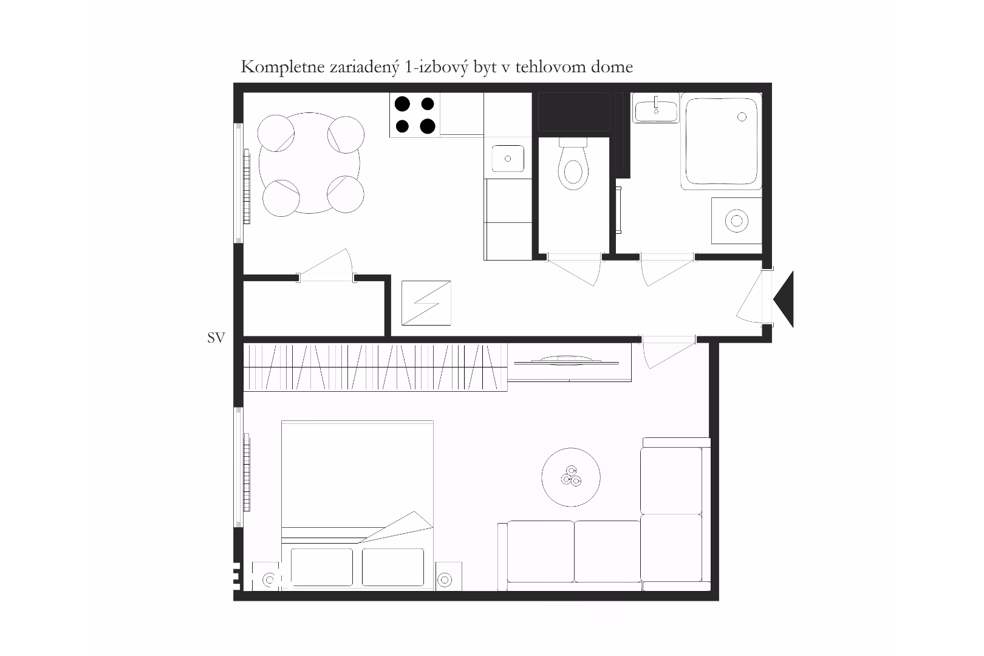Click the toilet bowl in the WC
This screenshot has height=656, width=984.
573,165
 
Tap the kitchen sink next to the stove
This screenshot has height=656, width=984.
508,158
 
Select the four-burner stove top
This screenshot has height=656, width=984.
415,115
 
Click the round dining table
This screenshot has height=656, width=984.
309,163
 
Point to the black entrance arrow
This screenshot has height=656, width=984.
784,299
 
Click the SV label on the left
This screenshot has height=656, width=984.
216,338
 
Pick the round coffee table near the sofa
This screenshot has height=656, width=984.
570,477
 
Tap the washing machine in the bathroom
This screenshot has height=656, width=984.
737,220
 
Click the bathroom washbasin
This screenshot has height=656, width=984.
656,108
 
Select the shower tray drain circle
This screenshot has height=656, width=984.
742,117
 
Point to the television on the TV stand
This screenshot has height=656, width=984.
566,361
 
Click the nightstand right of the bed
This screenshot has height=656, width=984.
448,576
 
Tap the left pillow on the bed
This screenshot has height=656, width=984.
322,567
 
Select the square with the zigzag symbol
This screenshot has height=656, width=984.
426,303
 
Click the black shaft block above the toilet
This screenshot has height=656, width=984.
574,112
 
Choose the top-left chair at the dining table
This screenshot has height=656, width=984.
276,133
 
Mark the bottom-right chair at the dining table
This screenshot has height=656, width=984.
345,194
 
